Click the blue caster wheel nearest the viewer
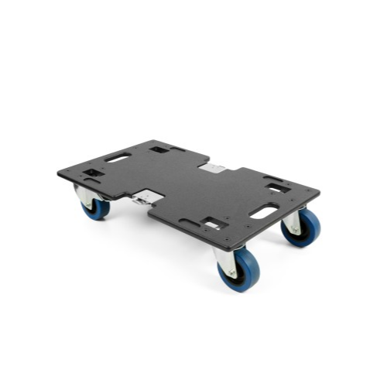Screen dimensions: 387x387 point(240,271)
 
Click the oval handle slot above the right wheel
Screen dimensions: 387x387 point(264,211)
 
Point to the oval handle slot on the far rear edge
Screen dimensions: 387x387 point(118,157)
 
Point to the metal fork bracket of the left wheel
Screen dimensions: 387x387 point(84,195)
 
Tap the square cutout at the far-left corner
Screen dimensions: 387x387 point(94,173)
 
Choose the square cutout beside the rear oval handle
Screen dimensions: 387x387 point(159,149)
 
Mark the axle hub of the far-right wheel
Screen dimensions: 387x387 point(298,228)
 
